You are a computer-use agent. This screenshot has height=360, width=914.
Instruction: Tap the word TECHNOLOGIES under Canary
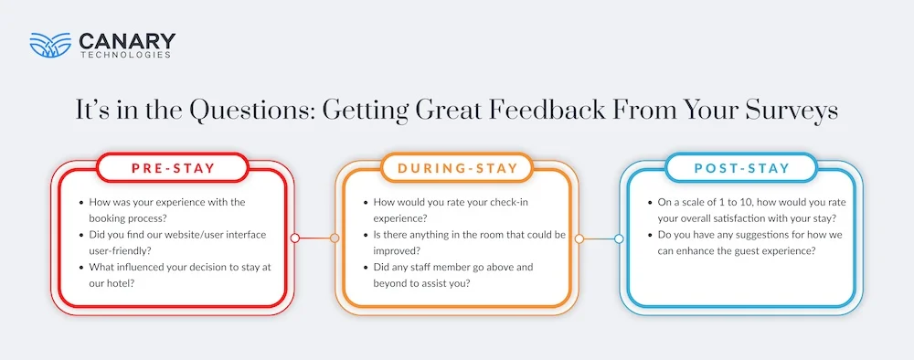coord(127,55)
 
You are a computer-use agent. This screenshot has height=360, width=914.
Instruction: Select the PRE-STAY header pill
coord(172,167)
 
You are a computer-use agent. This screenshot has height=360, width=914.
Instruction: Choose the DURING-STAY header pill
coord(458,167)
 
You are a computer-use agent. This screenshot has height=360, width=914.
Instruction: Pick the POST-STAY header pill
coord(742,167)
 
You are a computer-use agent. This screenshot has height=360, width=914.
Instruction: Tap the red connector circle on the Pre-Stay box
coord(294,238)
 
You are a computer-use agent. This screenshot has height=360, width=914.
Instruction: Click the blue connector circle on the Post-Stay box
coord(619,238)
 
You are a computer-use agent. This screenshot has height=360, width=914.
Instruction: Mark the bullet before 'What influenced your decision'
coord(82,266)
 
